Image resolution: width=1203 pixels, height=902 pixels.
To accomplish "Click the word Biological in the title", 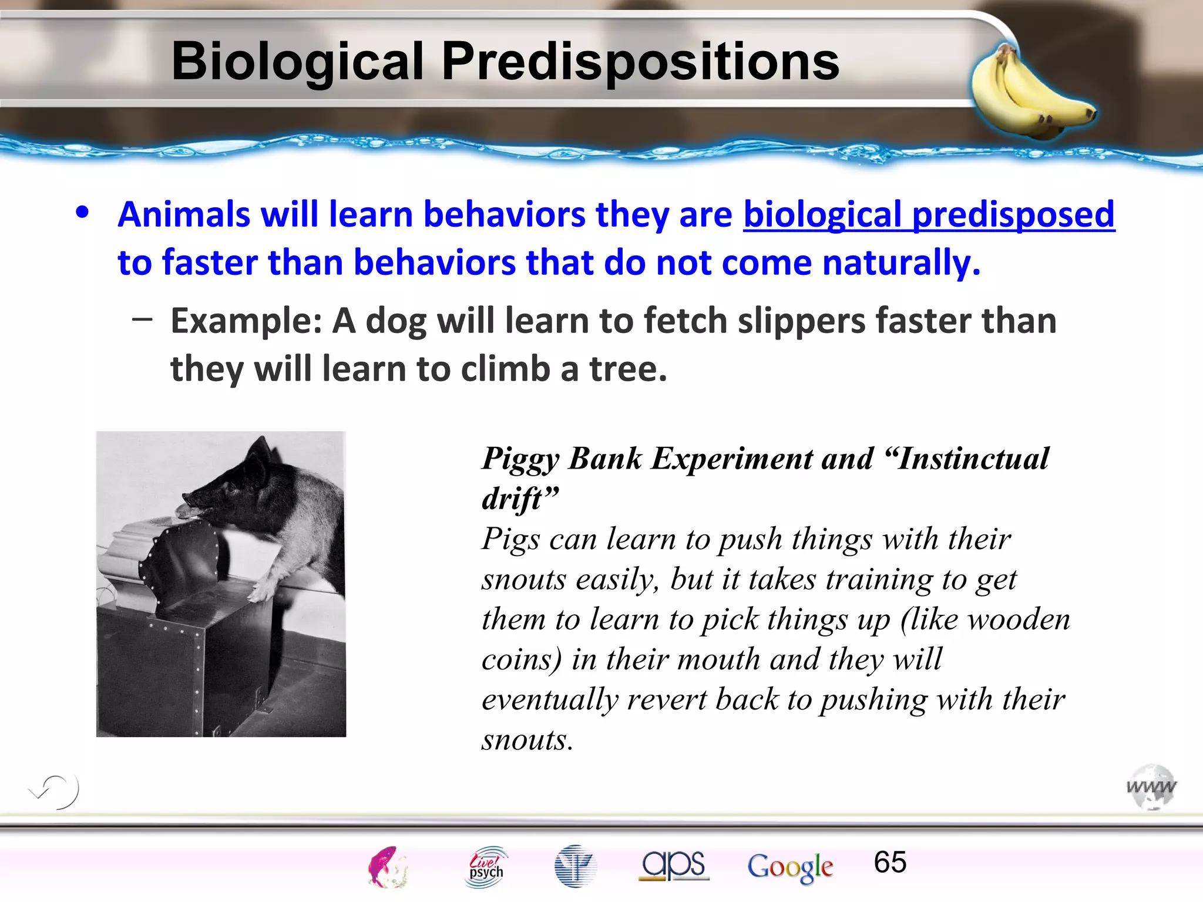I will (x=297, y=62).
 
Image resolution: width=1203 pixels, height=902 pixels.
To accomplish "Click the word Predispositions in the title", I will (x=640, y=62).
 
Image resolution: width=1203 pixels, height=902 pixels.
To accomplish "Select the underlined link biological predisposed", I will (x=929, y=214).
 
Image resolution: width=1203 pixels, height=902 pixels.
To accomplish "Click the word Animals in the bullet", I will (x=184, y=214).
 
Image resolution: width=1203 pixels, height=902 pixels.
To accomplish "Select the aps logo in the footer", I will (x=674, y=865).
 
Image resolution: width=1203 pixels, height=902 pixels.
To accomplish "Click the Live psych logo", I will (x=486, y=866).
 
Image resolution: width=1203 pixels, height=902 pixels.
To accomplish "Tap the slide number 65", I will (x=890, y=862).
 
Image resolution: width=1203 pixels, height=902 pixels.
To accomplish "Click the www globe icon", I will (x=1151, y=787).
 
